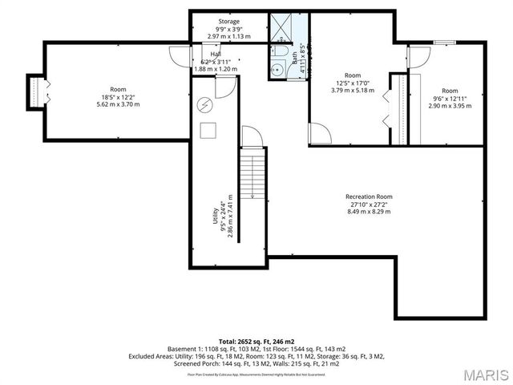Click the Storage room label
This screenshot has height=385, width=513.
(x=229, y=22)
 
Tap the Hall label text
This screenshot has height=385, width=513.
(x=216, y=54)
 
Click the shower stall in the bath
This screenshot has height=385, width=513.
(x=283, y=27)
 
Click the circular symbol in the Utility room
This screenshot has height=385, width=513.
(x=204, y=104)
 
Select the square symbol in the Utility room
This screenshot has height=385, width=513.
(x=208, y=130)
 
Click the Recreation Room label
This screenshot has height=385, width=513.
(x=369, y=197)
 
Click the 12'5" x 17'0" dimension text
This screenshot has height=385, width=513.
(x=353, y=83)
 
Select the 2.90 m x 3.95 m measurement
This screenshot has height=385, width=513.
(x=450, y=106)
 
